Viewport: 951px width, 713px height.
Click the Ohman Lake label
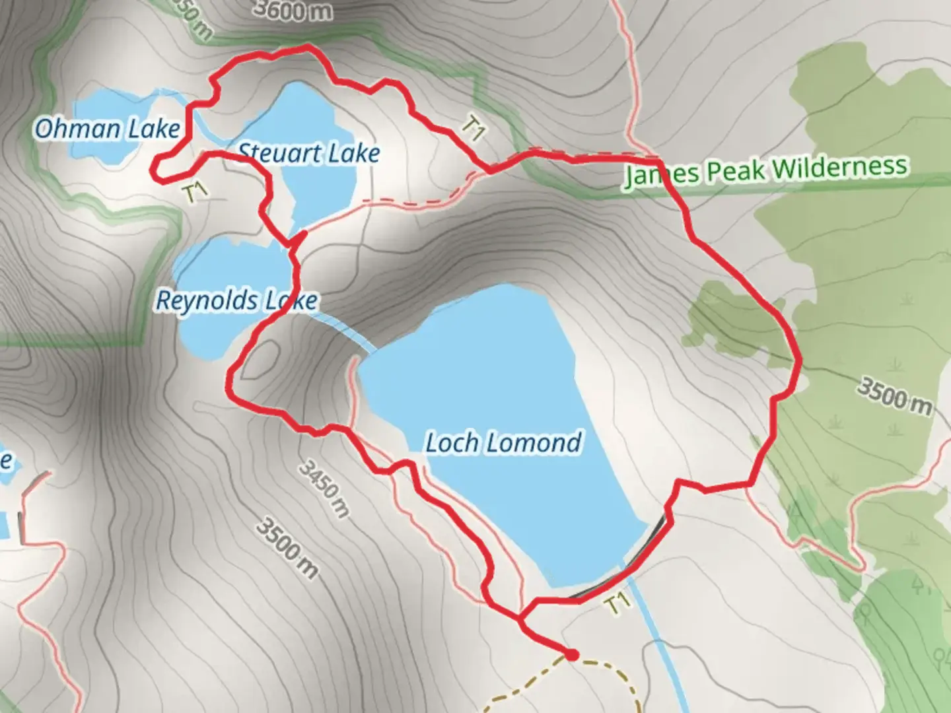(x=107, y=129)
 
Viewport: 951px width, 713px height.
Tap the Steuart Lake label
(x=309, y=153)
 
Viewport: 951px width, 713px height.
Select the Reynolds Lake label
(x=236, y=301)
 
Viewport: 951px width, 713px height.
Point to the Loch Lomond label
(x=503, y=442)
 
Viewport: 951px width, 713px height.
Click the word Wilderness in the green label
(x=839, y=168)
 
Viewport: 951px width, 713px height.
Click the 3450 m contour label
(x=324, y=489)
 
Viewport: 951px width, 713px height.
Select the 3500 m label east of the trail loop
(x=895, y=396)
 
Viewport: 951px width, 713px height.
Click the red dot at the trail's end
(x=572, y=655)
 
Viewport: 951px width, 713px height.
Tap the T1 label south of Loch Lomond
(x=616, y=603)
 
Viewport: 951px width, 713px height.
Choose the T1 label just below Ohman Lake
(x=195, y=191)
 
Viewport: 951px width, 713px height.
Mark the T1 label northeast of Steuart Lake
(x=473, y=128)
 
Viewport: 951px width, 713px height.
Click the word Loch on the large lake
(x=452, y=442)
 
